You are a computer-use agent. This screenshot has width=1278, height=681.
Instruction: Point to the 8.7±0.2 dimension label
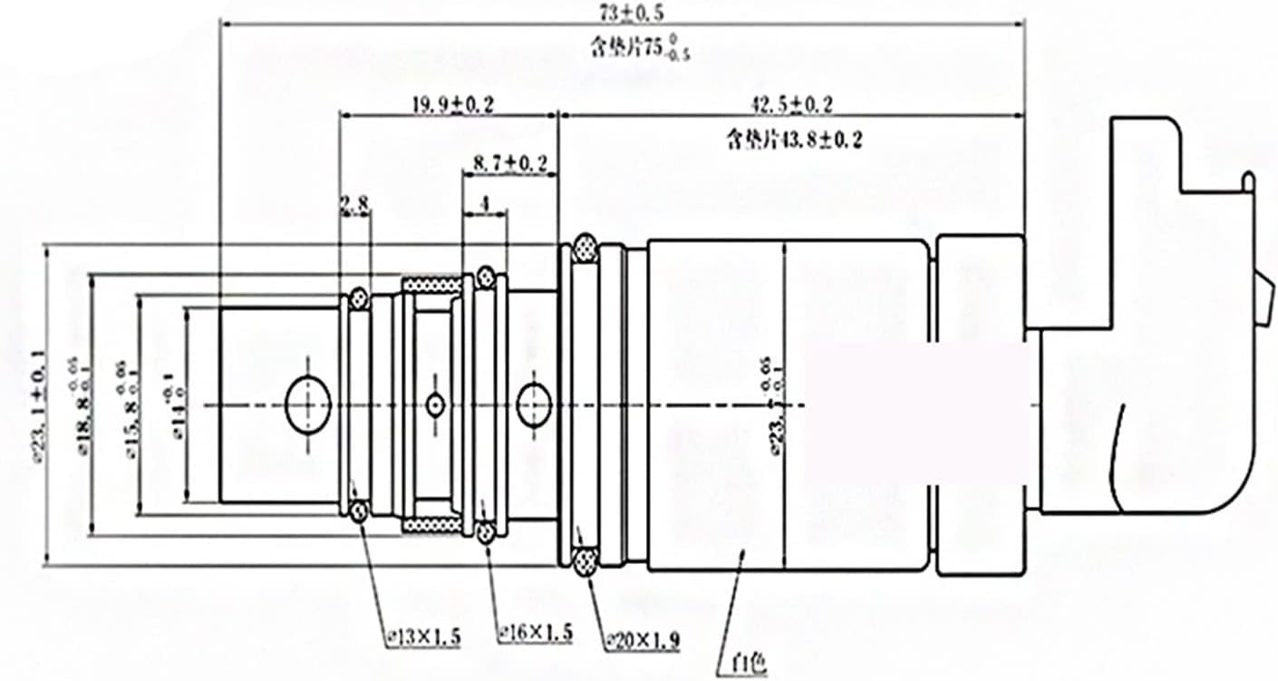pyautogui.click(x=510, y=163)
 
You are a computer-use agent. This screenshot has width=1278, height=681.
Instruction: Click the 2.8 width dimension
pyautogui.click(x=354, y=206)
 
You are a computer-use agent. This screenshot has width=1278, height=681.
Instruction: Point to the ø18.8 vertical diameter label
pyautogui.click(x=86, y=403)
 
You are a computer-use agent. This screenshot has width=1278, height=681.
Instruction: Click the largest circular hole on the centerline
pyautogui.click(x=308, y=404)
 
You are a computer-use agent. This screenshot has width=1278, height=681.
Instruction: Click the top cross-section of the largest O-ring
pyautogui.click(x=584, y=248)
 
